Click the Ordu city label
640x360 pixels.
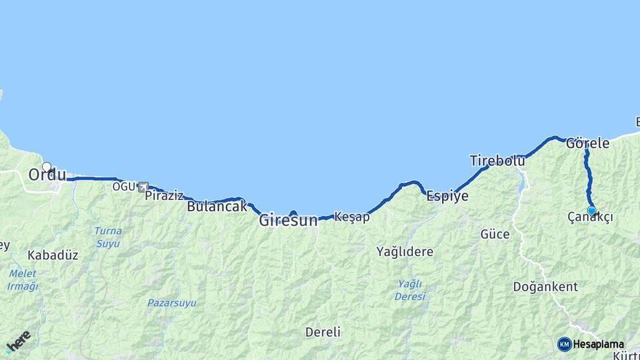click(x=47, y=175)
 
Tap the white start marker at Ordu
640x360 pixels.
click(x=47, y=167)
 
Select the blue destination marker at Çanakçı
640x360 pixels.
click(x=591, y=211)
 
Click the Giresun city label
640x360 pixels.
click(x=288, y=220)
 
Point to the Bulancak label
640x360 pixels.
click(x=217, y=207)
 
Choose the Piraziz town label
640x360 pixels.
click(x=164, y=195)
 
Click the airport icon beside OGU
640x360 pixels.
click(x=143, y=187)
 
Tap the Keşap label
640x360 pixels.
click(x=351, y=217)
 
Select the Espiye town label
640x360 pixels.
click(x=447, y=196)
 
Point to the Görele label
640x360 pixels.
click(x=587, y=143)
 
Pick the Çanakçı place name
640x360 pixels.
click(x=590, y=218)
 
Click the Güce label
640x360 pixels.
click(x=495, y=234)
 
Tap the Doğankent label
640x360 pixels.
click(x=545, y=287)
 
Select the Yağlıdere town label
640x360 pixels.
click(x=405, y=252)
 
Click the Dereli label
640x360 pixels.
click(x=323, y=332)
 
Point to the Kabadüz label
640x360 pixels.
click(x=53, y=255)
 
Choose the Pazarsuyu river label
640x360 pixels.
click(x=171, y=303)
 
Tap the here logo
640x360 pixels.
click(x=18, y=341)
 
